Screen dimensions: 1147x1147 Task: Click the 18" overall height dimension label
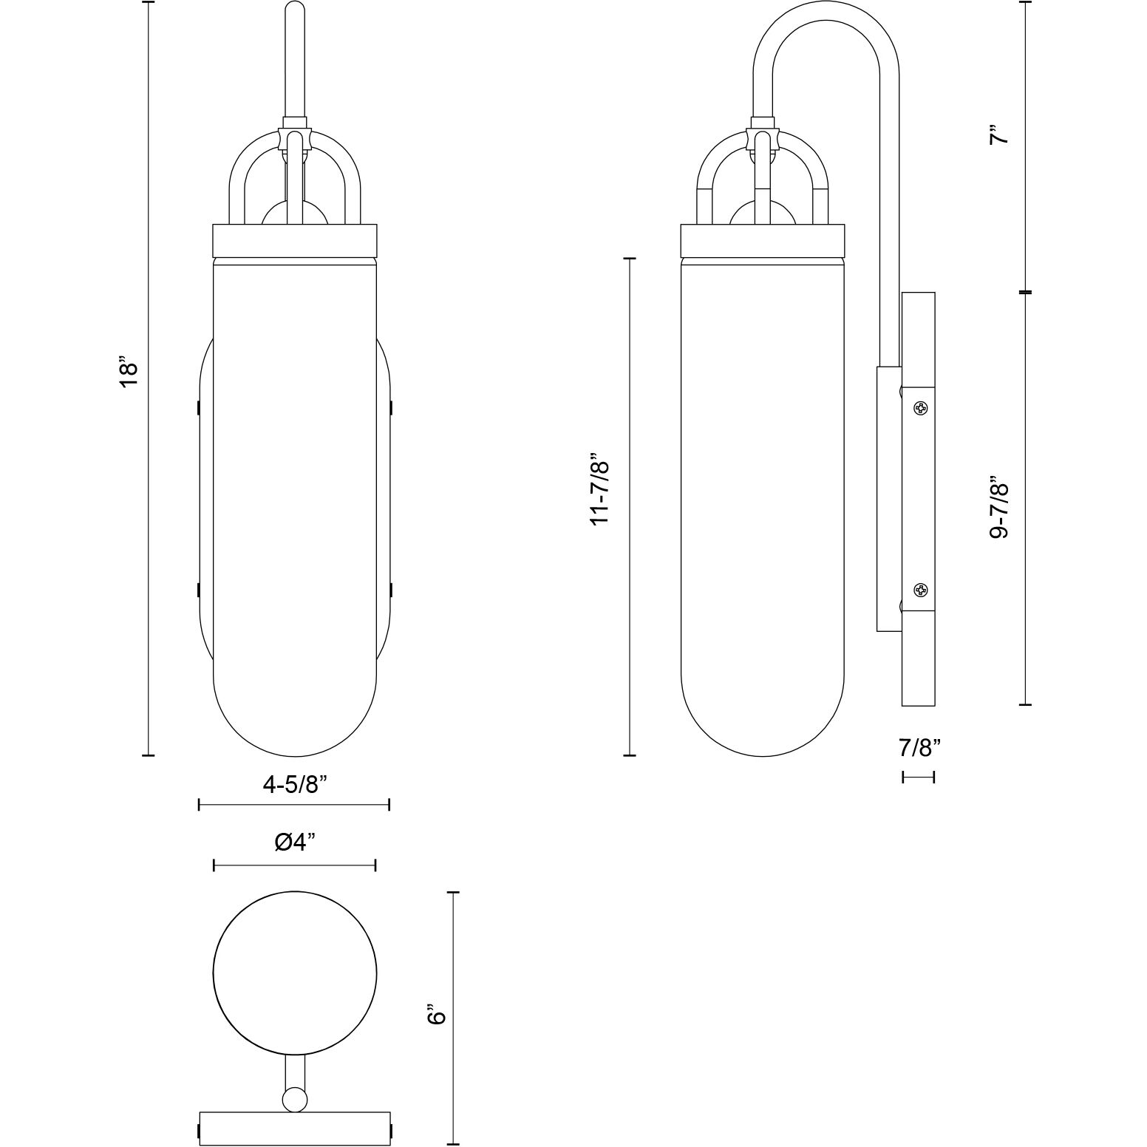129,375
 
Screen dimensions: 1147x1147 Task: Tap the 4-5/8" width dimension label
294,784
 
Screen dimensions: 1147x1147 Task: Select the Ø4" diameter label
294,842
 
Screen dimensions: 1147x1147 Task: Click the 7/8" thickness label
919,749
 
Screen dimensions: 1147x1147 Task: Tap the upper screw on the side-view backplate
920,407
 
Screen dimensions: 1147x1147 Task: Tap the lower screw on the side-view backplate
920,590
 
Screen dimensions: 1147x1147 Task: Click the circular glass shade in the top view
295,973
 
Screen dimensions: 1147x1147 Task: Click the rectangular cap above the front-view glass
295,239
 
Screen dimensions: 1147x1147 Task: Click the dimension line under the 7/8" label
919,777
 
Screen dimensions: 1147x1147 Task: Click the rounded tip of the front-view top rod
295,9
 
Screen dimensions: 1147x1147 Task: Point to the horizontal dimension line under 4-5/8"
294,805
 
